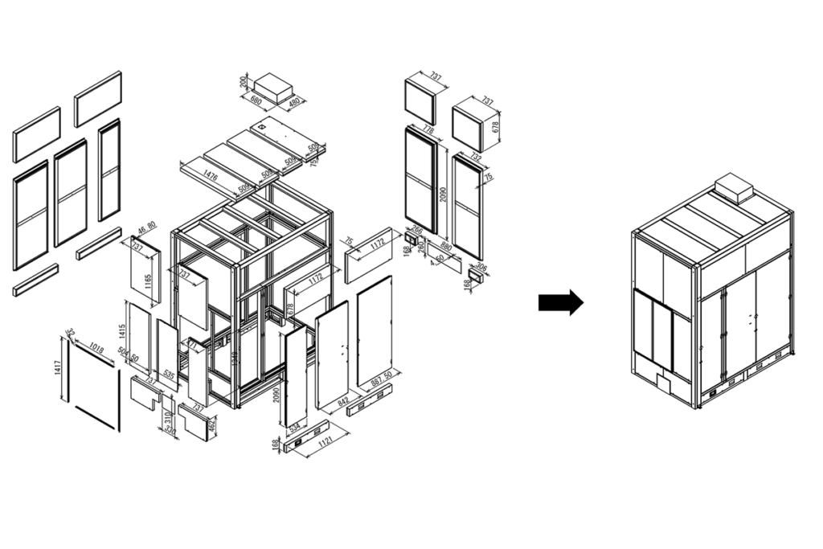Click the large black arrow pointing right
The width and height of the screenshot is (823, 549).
(x=560, y=302)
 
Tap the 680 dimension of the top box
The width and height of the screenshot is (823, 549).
(x=256, y=101)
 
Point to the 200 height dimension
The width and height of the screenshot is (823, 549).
(x=244, y=80)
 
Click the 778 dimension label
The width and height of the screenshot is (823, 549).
(x=428, y=130)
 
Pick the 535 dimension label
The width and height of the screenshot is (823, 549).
(x=169, y=374)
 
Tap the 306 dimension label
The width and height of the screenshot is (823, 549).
(x=481, y=267)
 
